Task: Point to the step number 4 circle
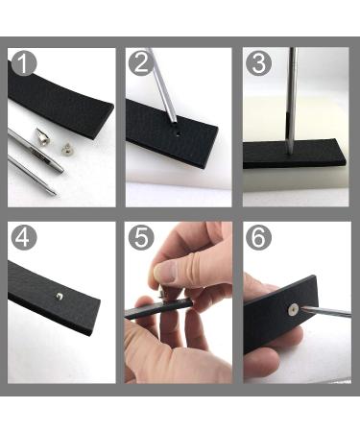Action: tap(24, 236)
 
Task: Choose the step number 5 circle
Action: tap(140, 236)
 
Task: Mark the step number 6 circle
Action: tap(257, 236)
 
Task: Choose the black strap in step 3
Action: tap(293, 154)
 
